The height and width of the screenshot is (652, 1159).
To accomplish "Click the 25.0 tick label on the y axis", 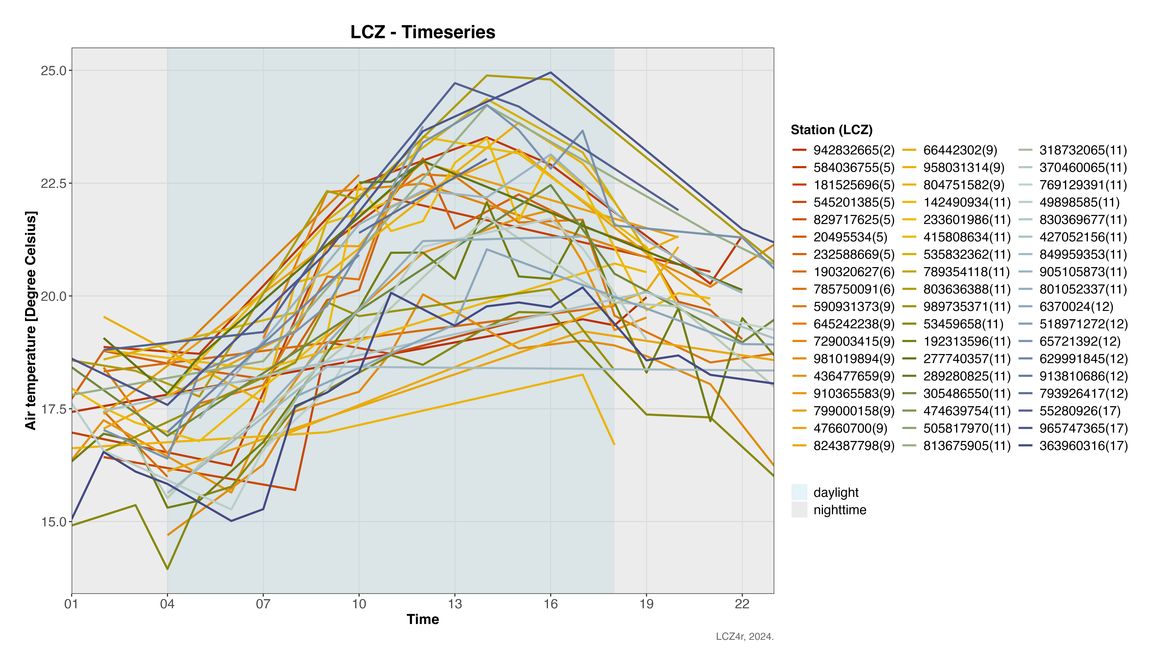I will (x=53, y=71).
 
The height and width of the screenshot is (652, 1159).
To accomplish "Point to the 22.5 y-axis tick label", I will (x=53, y=184).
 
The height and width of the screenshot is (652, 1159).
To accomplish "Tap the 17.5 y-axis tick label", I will (x=53, y=409).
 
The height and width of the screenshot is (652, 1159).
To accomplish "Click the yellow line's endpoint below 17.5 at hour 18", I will (x=614, y=444).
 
